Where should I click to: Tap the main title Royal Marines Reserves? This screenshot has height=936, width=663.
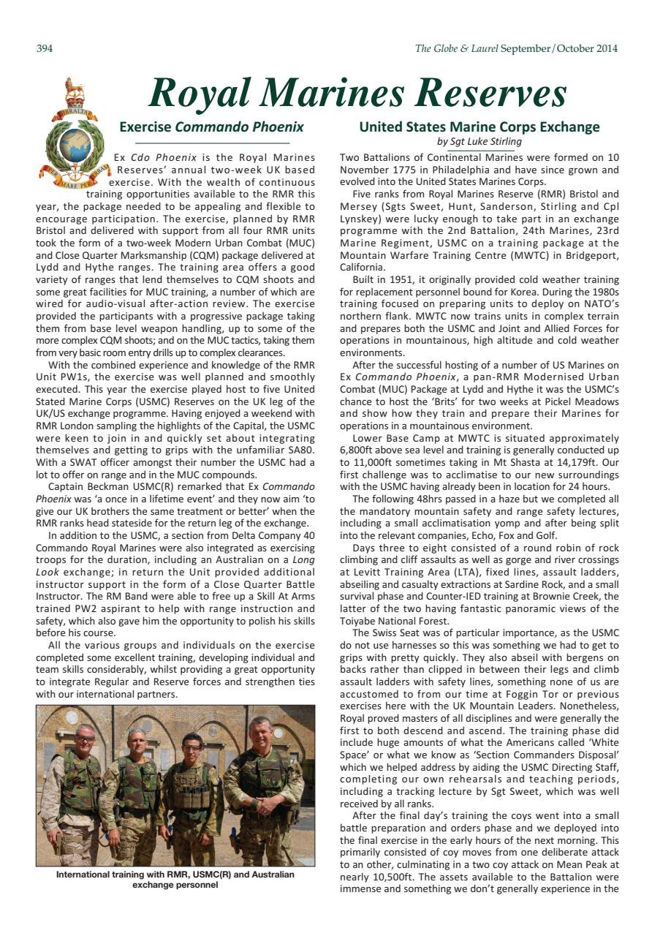[x=357, y=94]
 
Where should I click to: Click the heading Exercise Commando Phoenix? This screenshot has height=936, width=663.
[x=211, y=127]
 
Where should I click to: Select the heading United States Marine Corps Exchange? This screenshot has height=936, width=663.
[x=479, y=127]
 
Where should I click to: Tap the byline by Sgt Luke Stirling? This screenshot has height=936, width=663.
[x=479, y=141]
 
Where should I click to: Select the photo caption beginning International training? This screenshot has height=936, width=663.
[x=175, y=879]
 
